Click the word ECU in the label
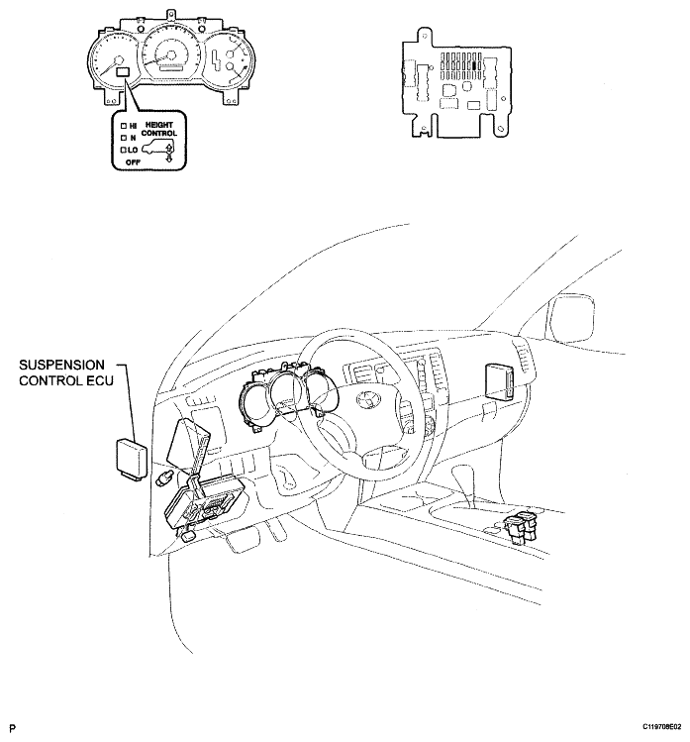100,380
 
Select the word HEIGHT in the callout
159,125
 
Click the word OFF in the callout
133,162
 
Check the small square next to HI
124,126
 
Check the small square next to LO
124,150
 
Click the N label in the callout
133,138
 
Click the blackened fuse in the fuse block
474,65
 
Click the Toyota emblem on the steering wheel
366,401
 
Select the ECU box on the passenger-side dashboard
500,381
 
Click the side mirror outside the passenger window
570,317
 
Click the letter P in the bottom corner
13,728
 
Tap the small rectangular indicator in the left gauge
123,72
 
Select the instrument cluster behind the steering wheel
288,395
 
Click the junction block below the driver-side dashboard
203,505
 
